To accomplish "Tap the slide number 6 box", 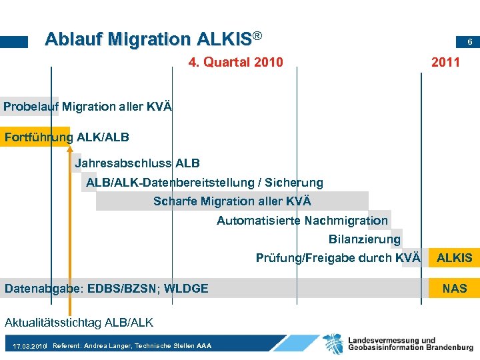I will (x=470, y=42).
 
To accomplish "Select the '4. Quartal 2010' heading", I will (x=235, y=63).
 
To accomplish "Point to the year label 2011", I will (x=445, y=63).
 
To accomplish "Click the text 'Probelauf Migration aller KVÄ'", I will (x=87, y=106).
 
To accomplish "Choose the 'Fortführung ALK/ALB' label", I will (x=67, y=137).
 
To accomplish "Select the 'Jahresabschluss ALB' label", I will (x=137, y=163).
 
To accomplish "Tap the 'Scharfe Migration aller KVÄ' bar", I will (x=232, y=201).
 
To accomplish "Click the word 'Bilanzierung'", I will (x=365, y=239).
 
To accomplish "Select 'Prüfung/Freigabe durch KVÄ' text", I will (x=338, y=258).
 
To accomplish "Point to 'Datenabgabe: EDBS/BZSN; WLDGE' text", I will (x=107, y=288).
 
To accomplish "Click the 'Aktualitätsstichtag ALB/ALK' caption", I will (x=79, y=323).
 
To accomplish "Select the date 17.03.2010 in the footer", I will (x=29, y=347).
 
